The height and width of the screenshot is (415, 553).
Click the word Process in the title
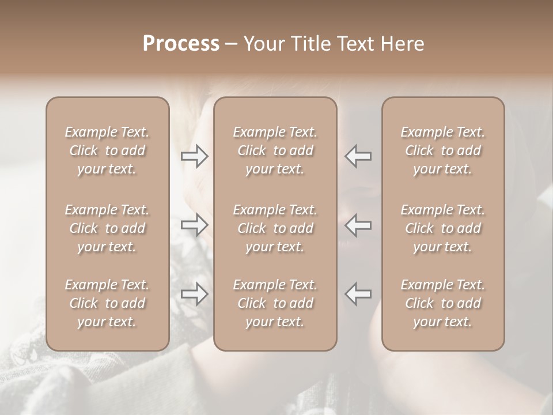[181, 44]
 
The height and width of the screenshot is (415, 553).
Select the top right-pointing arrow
[195, 156]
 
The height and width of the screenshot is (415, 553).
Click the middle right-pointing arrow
[195, 224]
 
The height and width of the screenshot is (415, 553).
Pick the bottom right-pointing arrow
[195, 293]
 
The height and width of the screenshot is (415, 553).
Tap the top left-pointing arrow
[358, 156]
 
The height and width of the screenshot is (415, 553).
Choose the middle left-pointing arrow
[358, 224]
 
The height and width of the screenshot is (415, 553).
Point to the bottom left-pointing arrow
[358, 293]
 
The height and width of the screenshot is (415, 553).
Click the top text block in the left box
[107, 150]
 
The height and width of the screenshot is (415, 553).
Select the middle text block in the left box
[107, 228]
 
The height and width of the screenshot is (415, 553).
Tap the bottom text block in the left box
[107, 303]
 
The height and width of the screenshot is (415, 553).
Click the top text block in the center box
[275, 150]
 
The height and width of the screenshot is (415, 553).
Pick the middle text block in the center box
[275, 228]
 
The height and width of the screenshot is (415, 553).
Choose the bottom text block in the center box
[275, 303]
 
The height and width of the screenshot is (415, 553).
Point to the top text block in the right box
[443, 150]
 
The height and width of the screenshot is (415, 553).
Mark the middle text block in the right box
[443, 228]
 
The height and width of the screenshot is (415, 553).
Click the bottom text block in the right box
[443, 303]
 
